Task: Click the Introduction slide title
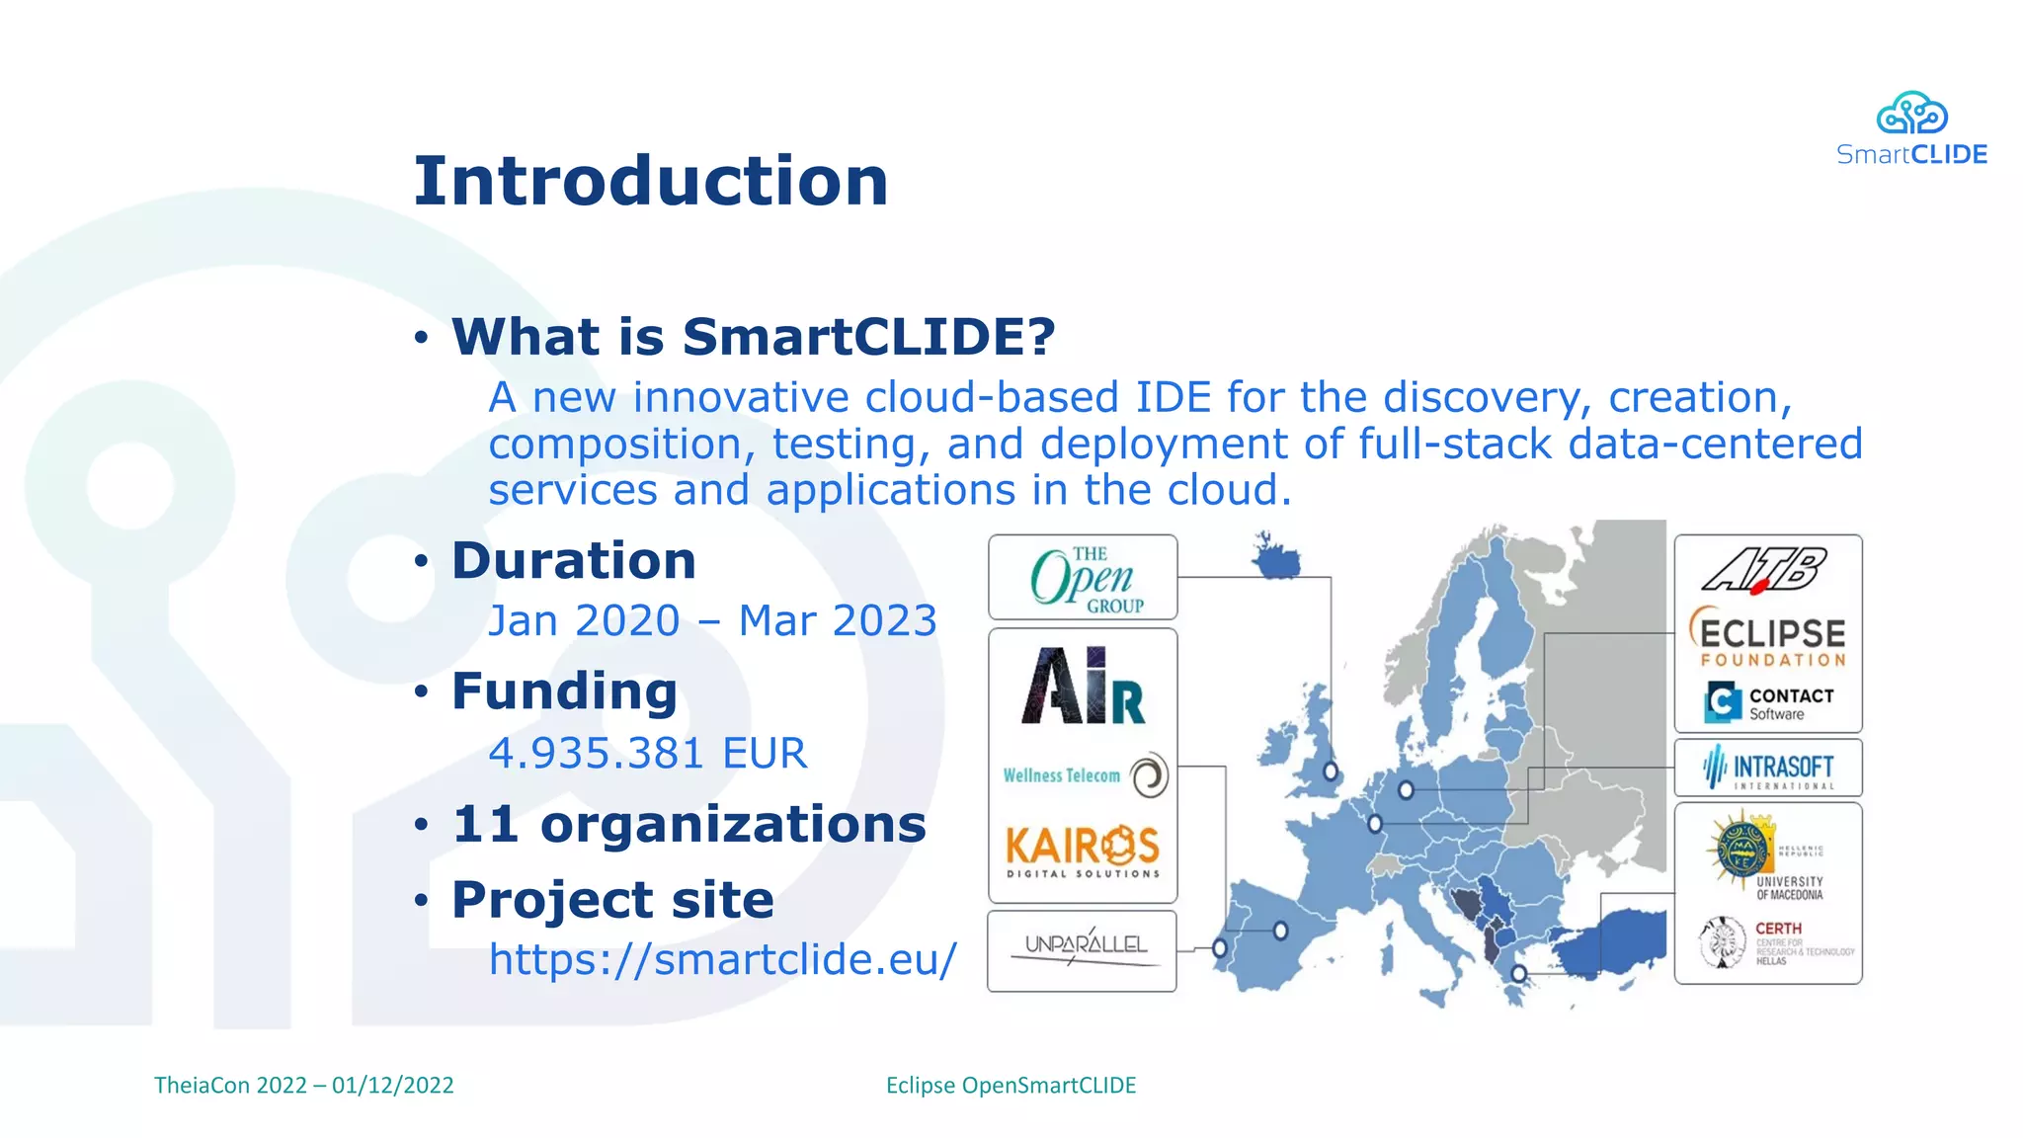tap(650, 182)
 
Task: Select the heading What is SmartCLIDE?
tap(753, 337)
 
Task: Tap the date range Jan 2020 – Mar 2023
tap(712, 621)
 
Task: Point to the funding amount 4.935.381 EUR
tap(647, 754)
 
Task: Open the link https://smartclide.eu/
tap(722, 959)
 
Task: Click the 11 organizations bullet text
tap(688, 824)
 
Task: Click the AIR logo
tap(1083, 687)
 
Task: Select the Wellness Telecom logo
tap(1084, 775)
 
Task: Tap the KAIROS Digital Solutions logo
tap(1083, 850)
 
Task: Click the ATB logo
tap(1765, 570)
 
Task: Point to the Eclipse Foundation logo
tap(1768, 638)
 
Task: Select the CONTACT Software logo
tap(1768, 702)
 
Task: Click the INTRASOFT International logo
tap(1768, 768)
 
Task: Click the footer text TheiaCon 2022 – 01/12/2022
tap(303, 1085)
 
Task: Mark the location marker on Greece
tap(1519, 974)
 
